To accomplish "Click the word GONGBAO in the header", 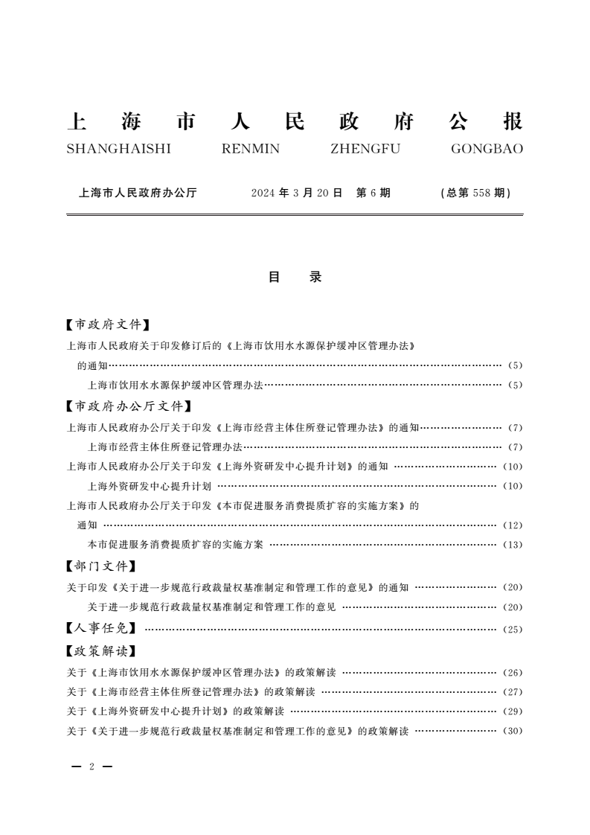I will click(x=487, y=149).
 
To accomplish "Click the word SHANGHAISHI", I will click(x=119, y=149).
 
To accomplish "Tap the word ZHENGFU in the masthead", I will click(x=365, y=149).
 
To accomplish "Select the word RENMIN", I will click(x=251, y=149).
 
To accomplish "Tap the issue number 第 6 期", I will click(x=373, y=193).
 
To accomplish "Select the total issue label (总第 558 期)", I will click(x=476, y=193).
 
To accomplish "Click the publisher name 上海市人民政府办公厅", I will click(x=138, y=193).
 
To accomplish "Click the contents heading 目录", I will click(x=295, y=277).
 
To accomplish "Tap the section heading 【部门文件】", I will click(x=100, y=567).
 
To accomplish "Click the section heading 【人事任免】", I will click(x=100, y=629).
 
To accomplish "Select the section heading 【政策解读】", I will click(x=100, y=652).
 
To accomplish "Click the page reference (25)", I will click(x=513, y=630).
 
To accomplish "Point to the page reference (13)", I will click(x=513, y=545).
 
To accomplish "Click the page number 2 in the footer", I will click(x=91, y=767).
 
